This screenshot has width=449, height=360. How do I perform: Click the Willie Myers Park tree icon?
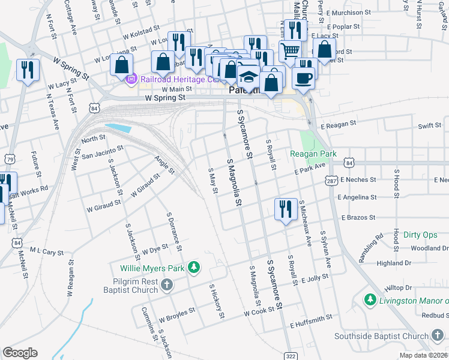(193, 266)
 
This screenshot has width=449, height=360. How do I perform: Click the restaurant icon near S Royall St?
(285, 209)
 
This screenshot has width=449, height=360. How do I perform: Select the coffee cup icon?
(303, 77)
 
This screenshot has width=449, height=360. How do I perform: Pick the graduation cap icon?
(248, 77)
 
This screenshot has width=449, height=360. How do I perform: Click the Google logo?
(20, 352)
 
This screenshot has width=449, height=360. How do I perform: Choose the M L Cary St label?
(46, 252)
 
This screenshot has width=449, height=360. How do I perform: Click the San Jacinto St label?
(102, 152)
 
